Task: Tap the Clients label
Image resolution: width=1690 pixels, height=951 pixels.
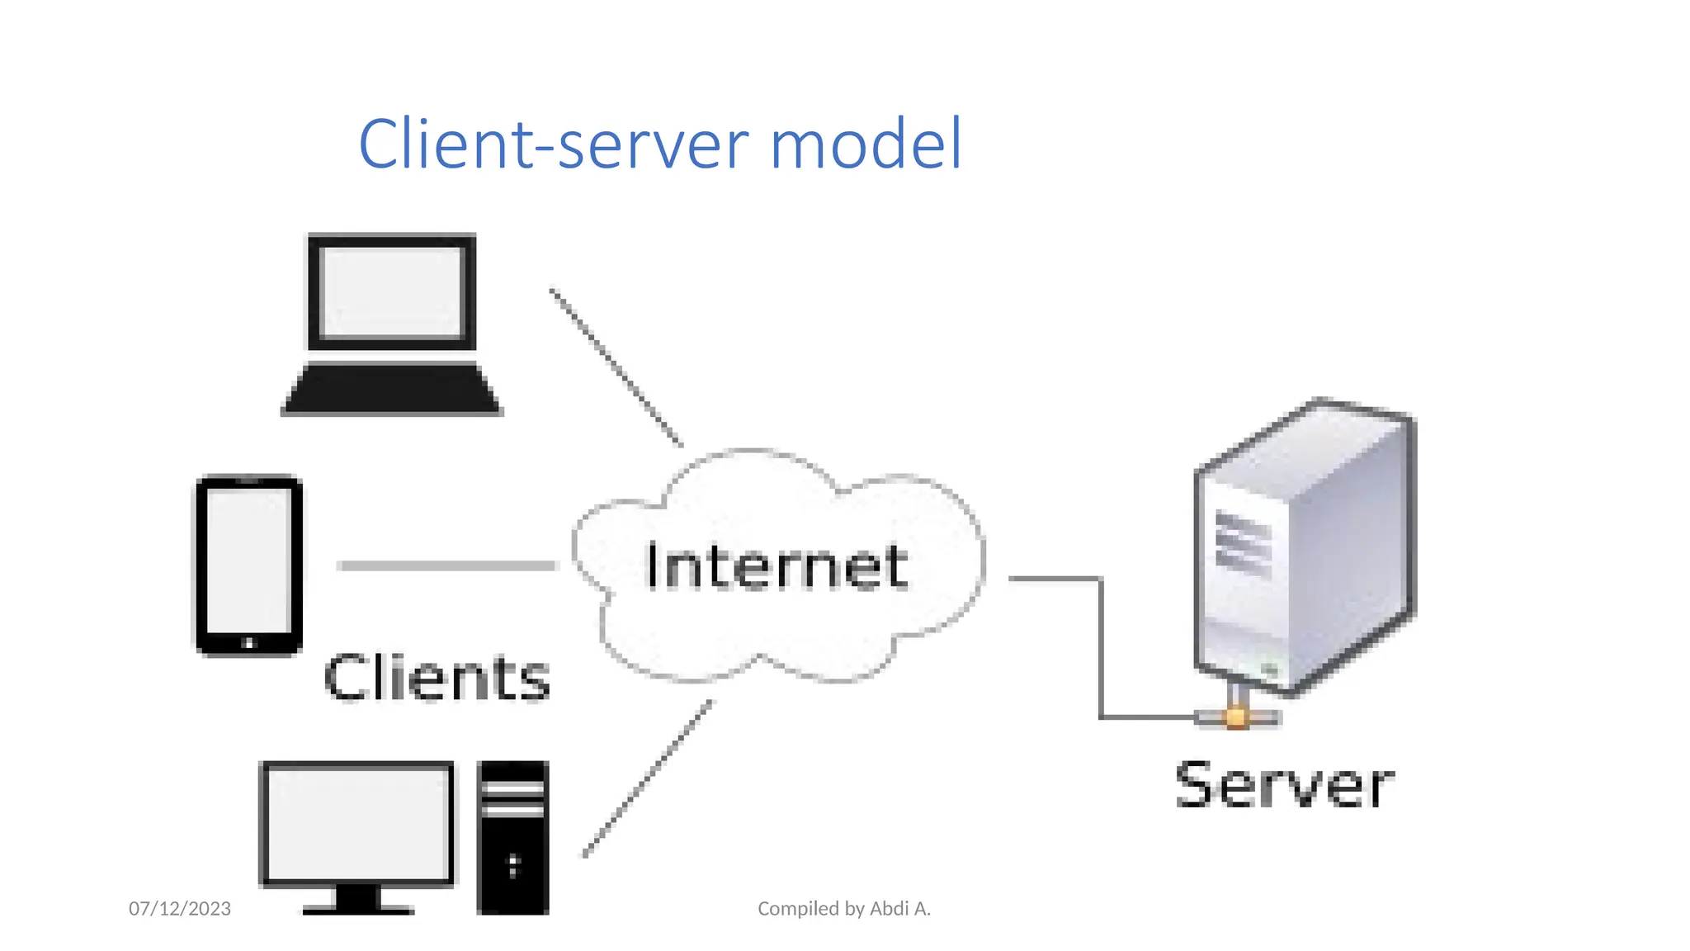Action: point(437,677)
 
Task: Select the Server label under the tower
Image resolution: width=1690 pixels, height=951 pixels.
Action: point(1284,784)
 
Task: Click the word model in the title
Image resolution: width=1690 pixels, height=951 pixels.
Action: point(866,144)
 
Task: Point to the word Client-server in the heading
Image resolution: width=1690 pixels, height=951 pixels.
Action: point(553,144)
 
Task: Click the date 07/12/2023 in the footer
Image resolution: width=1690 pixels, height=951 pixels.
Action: point(180,909)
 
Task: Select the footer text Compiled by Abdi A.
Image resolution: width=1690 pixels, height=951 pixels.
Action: point(843,909)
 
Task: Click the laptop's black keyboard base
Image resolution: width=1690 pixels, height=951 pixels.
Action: point(392,389)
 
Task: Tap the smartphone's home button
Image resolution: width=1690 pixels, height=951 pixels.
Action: point(248,642)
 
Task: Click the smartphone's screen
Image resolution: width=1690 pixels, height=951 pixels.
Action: point(248,560)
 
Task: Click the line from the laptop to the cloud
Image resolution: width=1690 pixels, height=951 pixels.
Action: point(616,367)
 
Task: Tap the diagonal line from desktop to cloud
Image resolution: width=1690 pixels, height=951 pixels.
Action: point(648,778)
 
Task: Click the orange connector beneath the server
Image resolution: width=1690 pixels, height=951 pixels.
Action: point(1235,717)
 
